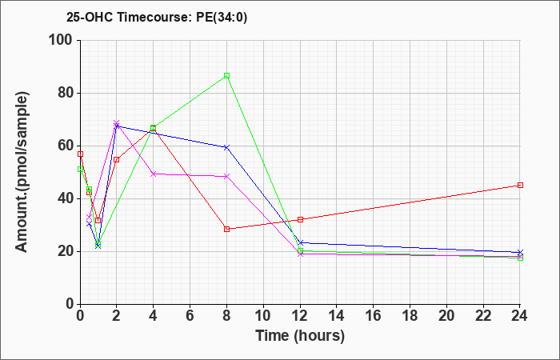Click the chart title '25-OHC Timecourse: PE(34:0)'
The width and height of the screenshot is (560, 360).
point(157,18)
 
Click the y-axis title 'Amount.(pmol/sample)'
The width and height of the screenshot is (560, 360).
point(22,172)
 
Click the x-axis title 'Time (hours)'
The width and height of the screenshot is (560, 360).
point(300,336)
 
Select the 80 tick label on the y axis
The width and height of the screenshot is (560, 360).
point(66,94)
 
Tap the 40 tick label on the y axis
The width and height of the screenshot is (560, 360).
point(66,199)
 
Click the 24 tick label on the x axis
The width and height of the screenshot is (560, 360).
point(520,315)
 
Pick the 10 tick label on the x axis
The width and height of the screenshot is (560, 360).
point(263,315)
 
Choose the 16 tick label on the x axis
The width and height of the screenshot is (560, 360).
point(374,315)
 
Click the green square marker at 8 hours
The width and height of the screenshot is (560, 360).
point(226,76)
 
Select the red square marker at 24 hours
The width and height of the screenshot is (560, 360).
point(520,185)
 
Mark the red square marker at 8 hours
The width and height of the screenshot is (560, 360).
point(226,229)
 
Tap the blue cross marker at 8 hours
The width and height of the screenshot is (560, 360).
point(226,147)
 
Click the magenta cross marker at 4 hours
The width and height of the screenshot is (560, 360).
point(154,174)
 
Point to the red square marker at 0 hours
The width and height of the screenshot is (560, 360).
point(80,154)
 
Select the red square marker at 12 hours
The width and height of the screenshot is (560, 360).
point(300,219)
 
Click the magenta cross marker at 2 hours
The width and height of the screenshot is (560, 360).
point(117,123)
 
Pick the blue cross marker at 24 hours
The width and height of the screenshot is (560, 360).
point(520,253)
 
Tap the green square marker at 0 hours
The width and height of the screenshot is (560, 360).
point(80,169)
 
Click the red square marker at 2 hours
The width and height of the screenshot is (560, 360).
point(117,160)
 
